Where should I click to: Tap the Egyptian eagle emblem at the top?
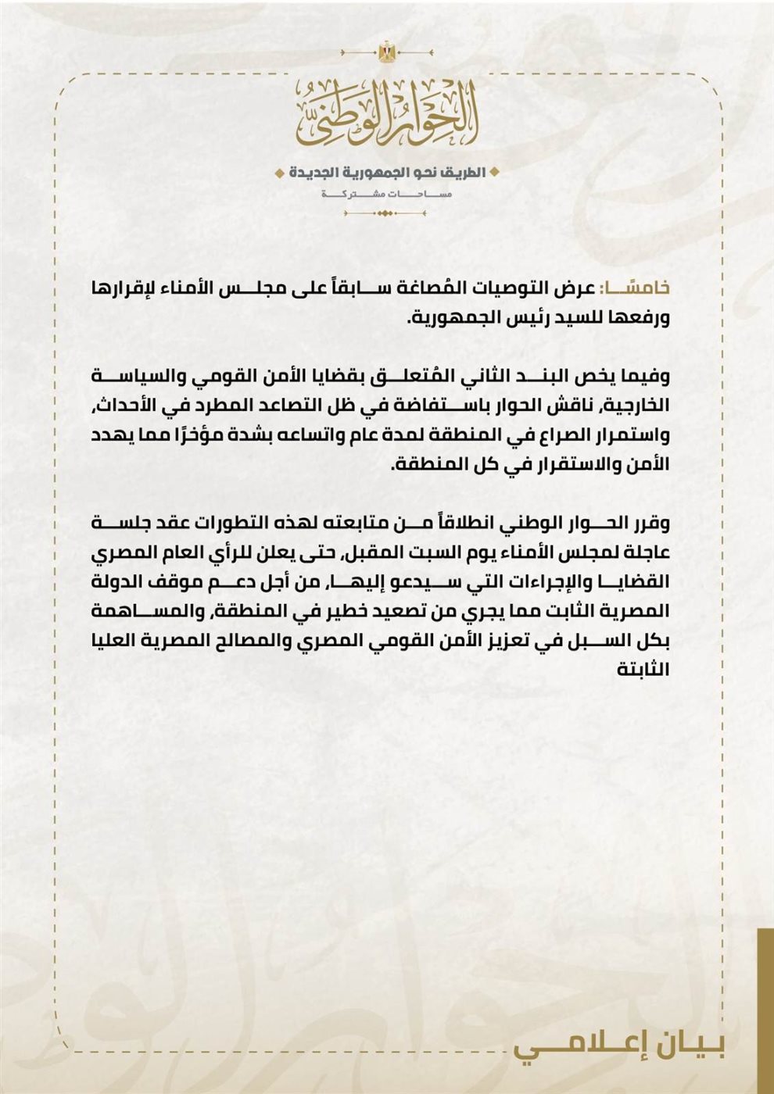click(x=386, y=53)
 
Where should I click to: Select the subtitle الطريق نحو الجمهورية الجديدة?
click(x=386, y=172)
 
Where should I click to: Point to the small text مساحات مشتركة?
click(x=386, y=193)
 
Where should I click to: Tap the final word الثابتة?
click(x=643, y=669)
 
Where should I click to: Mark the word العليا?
click(x=127, y=640)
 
